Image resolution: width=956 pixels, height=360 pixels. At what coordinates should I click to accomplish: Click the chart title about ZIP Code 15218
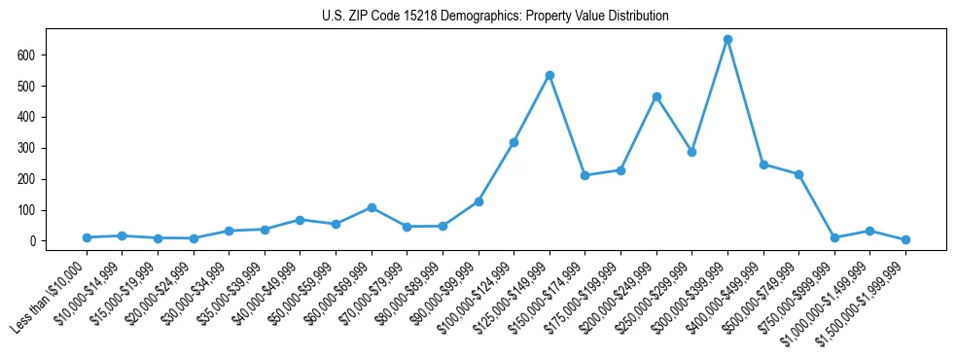click(x=495, y=16)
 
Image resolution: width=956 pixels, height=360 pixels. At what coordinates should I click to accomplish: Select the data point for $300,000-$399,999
click(x=727, y=40)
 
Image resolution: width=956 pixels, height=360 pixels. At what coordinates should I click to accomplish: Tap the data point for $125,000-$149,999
click(x=549, y=75)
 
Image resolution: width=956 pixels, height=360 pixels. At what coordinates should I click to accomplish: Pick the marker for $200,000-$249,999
click(x=656, y=96)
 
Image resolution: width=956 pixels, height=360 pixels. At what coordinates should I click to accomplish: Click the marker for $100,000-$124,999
click(x=513, y=142)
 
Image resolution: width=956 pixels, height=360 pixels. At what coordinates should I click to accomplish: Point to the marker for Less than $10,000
click(x=87, y=237)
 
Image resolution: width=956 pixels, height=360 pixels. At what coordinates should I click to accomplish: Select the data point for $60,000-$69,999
click(x=372, y=207)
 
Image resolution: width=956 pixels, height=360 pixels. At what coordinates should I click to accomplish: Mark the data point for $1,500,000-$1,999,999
click(x=905, y=239)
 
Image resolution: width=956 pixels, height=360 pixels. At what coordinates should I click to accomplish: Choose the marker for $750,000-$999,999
click(x=834, y=237)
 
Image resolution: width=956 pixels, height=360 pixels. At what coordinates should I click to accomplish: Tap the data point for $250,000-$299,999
click(x=691, y=152)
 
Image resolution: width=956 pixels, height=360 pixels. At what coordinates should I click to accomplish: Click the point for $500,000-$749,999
click(x=798, y=174)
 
